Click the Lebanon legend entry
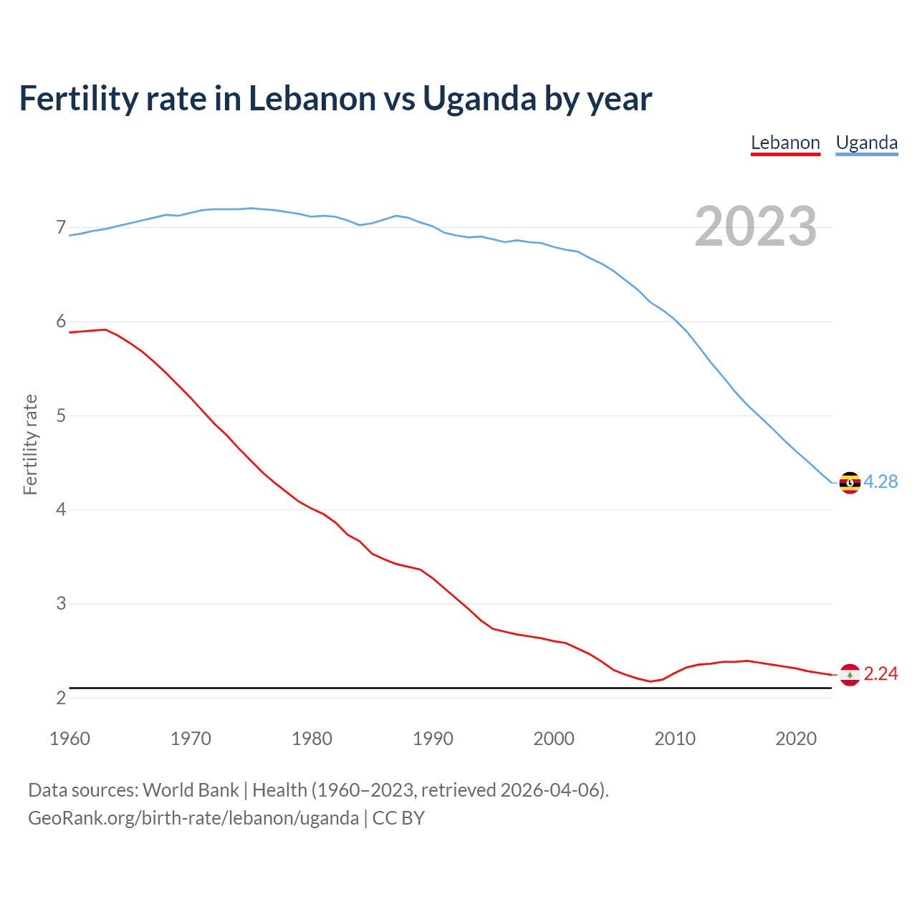pyautogui.click(x=785, y=143)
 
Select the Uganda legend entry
pyautogui.click(x=867, y=143)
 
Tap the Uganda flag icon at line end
pyautogui.click(x=850, y=483)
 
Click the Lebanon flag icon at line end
pyautogui.click(x=850, y=675)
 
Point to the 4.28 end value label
pyautogui.click(x=880, y=482)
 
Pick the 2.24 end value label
pyautogui.click(x=880, y=674)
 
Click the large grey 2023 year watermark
pyautogui.click(x=755, y=226)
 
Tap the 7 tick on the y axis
pyautogui.click(x=61, y=228)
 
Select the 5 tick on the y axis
pyautogui.click(x=61, y=416)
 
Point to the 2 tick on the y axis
pyautogui.click(x=61, y=698)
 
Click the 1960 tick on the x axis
pyautogui.click(x=69, y=739)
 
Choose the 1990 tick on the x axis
pyautogui.click(x=433, y=739)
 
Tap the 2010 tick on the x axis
pyautogui.click(x=675, y=739)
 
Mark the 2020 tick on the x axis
pyautogui.click(x=796, y=739)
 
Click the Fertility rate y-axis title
pyautogui.click(x=30, y=444)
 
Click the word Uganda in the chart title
pyautogui.click(x=479, y=98)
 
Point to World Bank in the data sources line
pyautogui.click(x=191, y=790)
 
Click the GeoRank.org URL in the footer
pyautogui.click(x=193, y=818)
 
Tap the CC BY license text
pyautogui.click(x=398, y=818)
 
